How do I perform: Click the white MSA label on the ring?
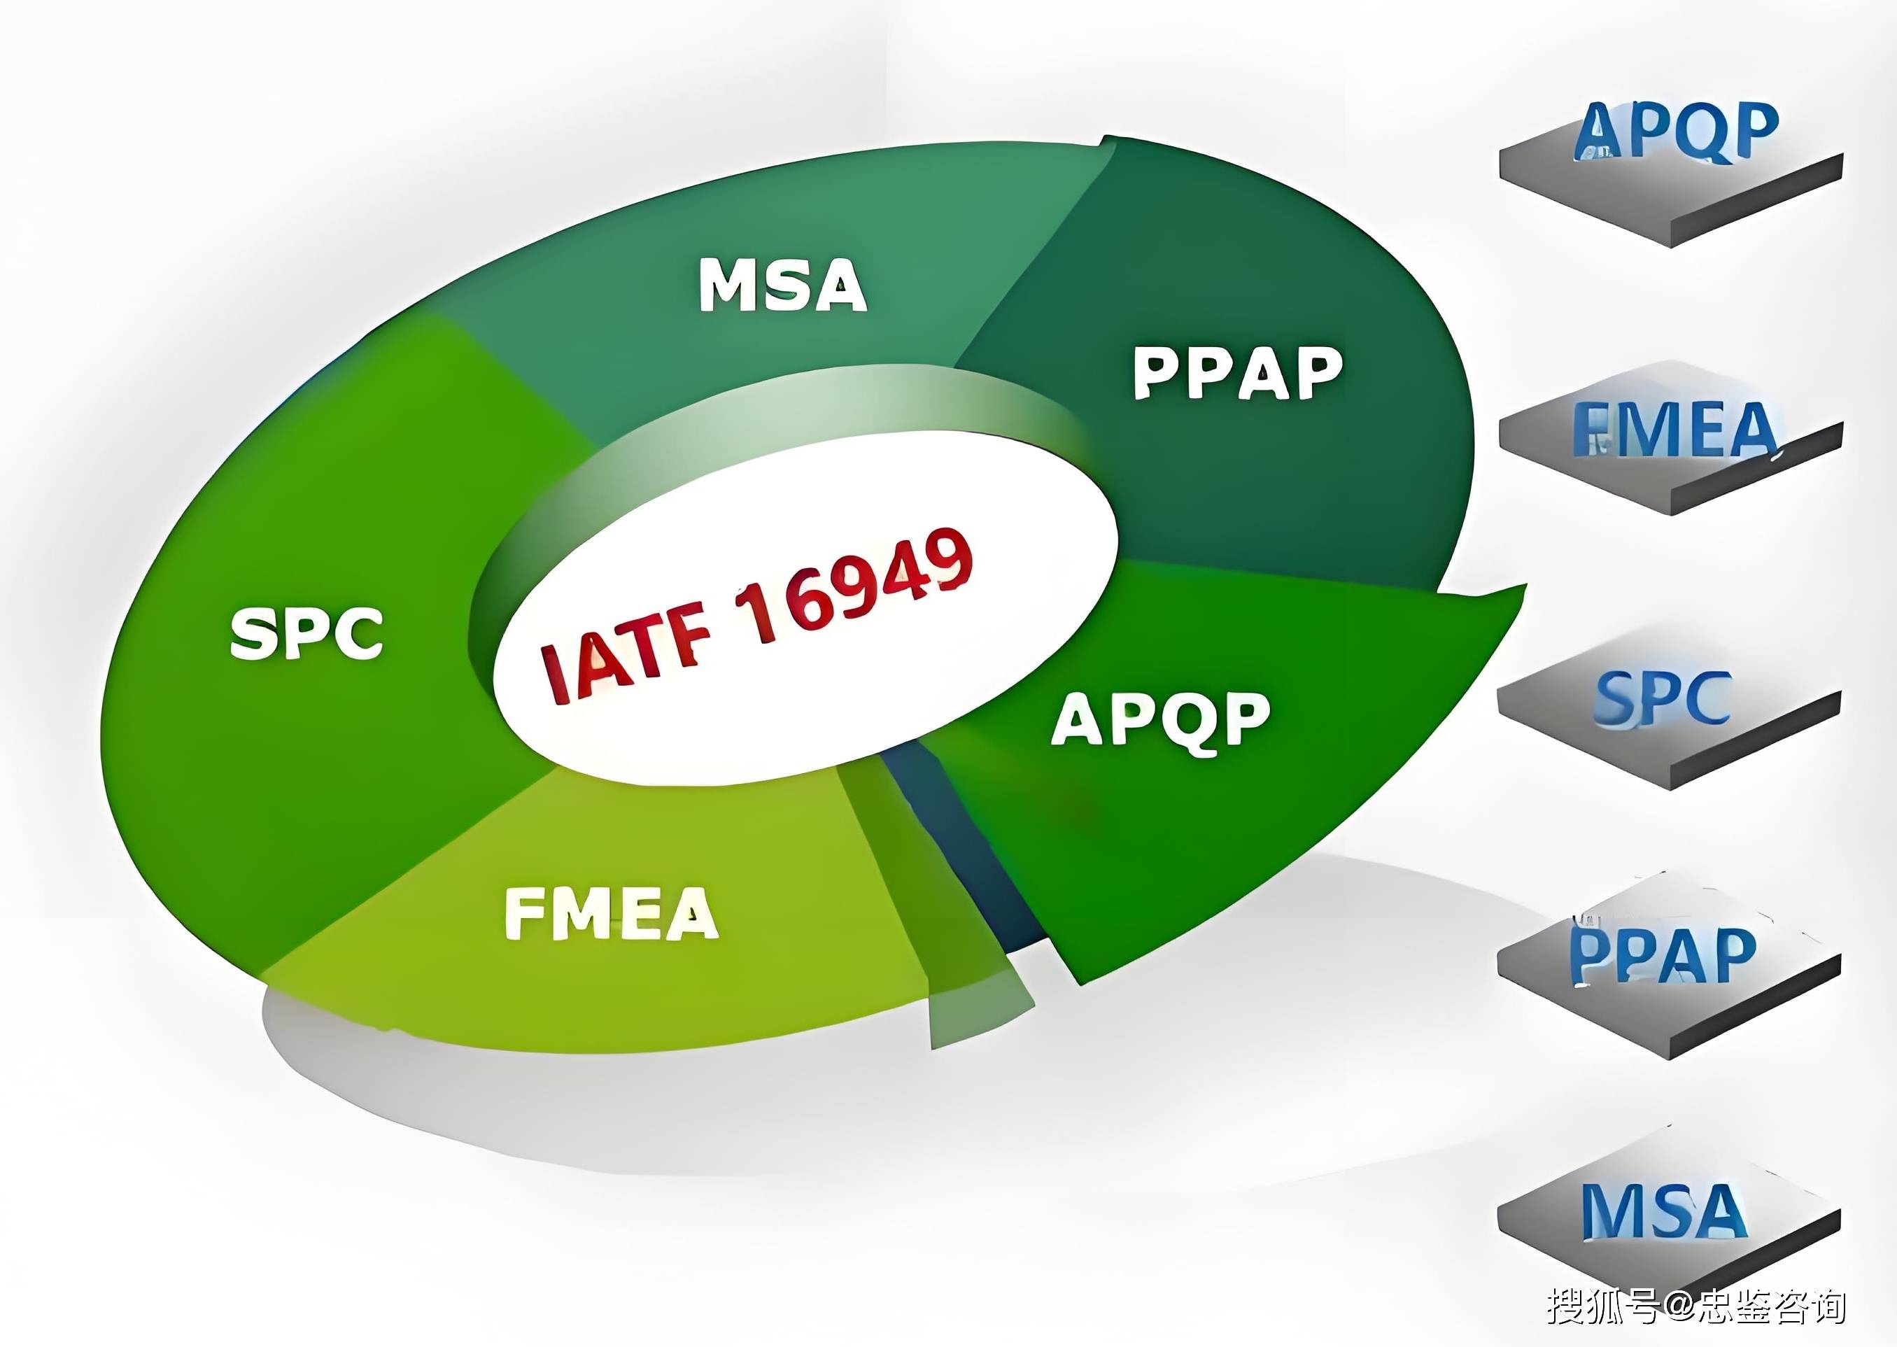tap(783, 285)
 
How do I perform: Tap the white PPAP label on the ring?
tap(1238, 372)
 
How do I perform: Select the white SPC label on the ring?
tap(307, 634)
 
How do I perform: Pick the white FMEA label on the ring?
tap(612, 913)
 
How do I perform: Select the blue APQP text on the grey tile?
tap(1675, 131)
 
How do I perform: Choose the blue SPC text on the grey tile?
tap(1663, 699)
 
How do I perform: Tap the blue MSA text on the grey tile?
tap(1663, 1211)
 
